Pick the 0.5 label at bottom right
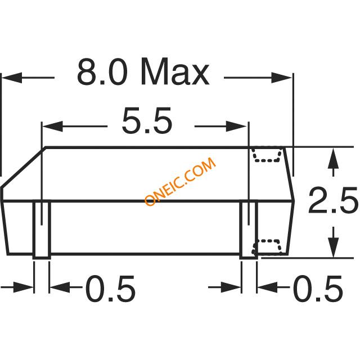click(x=318, y=289)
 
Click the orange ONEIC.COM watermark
click(x=180, y=182)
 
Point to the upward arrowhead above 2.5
click(x=333, y=157)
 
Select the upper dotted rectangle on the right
click(x=267, y=154)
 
